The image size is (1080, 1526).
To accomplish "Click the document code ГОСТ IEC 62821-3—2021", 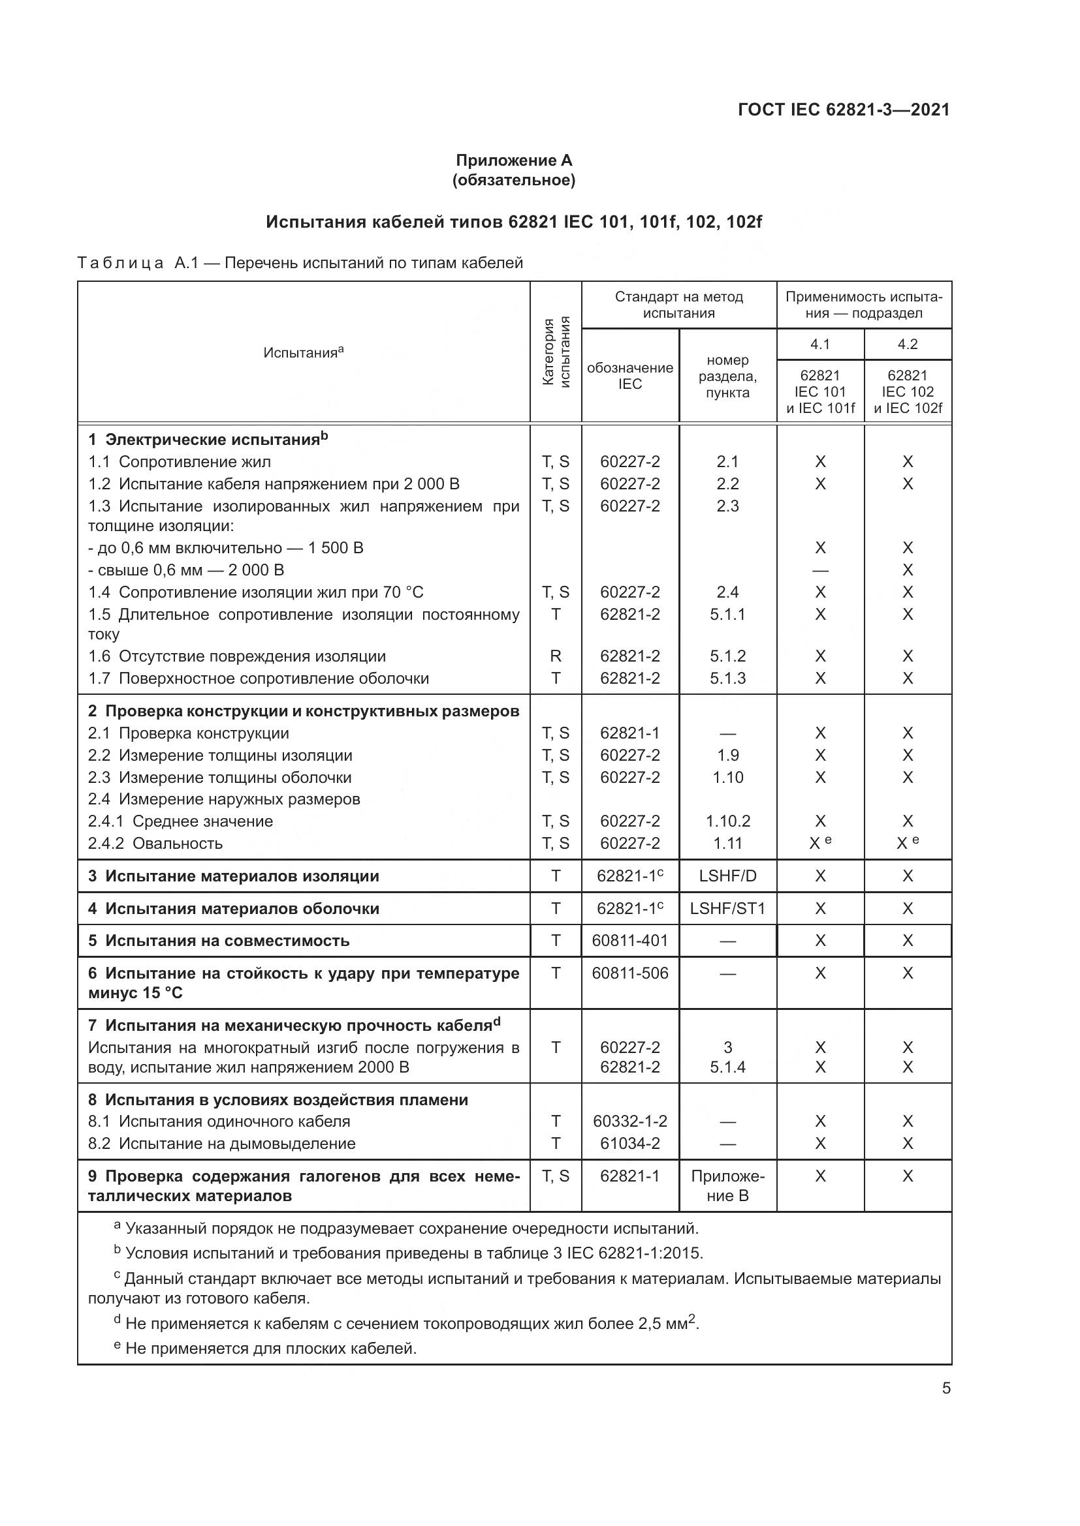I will [x=843, y=110].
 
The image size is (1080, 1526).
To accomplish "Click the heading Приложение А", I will [x=513, y=160].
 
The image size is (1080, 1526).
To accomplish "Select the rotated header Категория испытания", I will [x=556, y=352].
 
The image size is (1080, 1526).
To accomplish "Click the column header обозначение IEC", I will [x=629, y=376].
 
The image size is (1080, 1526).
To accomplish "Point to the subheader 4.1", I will [x=820, y=344].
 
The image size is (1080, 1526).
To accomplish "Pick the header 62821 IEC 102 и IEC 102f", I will [x=908, y=391].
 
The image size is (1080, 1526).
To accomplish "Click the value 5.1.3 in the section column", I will [x=727, y=679].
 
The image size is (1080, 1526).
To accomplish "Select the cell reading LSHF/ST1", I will [x=727, y=909].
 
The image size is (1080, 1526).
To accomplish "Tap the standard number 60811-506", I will [x=629, y=973].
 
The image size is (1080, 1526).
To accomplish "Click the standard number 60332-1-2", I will [x=629, y=1122].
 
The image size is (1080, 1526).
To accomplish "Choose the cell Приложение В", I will [x=727, y=1185].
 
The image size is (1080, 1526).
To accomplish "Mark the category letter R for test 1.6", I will [x=556, y=657].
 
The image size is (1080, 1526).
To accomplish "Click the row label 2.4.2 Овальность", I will [x=155, y=844].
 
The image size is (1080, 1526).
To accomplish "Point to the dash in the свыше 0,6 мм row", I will [x=820, y=570].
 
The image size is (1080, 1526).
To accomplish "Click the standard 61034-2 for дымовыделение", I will [x=629, y=1143].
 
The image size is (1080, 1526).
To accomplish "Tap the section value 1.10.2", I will [x=727, y=821].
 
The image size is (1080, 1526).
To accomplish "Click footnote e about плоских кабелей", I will [x=266, y=1349].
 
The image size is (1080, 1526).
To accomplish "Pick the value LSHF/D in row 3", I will [x=727, y=876].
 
